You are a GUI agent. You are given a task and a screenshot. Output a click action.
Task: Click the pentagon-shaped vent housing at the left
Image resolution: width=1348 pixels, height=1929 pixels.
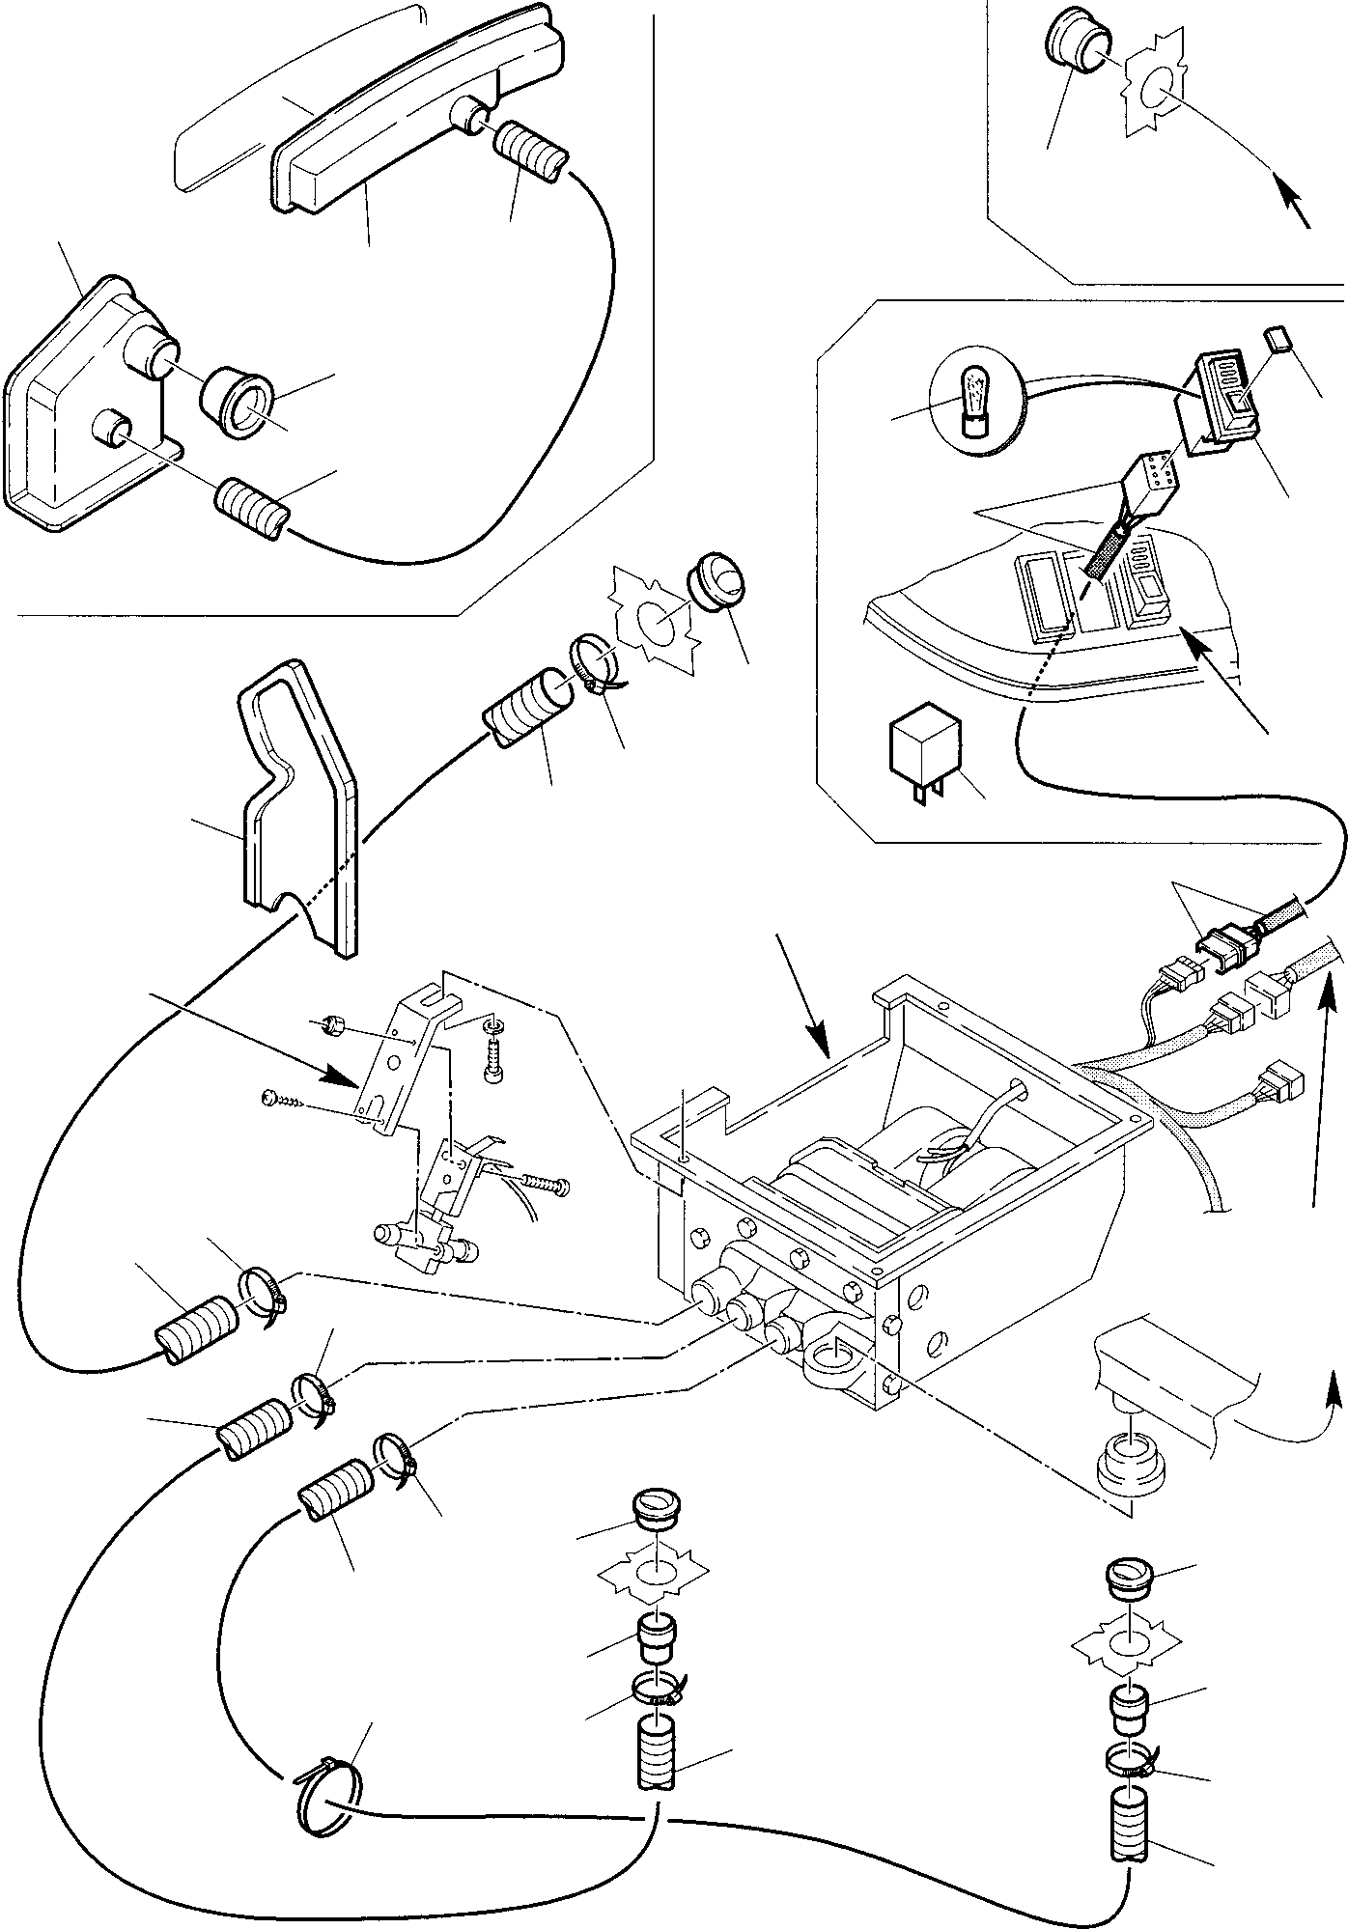87,405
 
